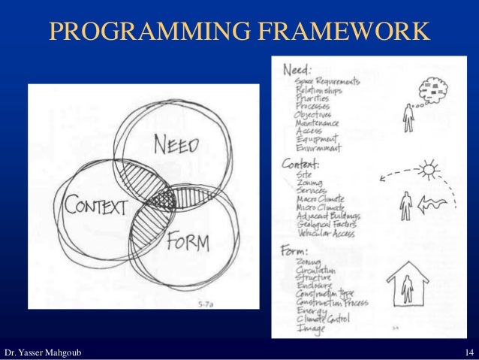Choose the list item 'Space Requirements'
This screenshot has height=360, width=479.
coord(327,80)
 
